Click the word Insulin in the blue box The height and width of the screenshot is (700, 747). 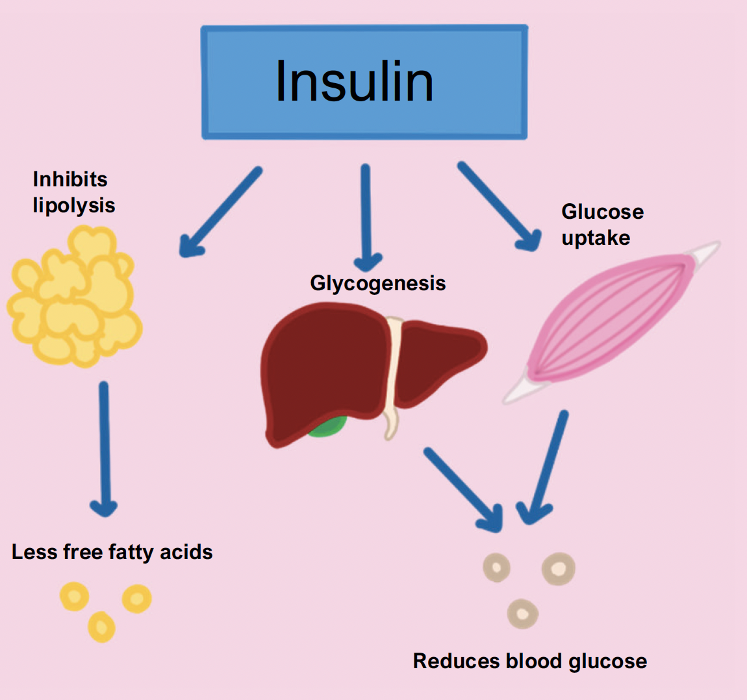pyautogui.click(x=354, y=82)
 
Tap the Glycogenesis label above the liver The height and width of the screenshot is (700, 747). pyautogui.click(x=377, y=283)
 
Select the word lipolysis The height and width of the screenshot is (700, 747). pyautogui.click(x=74, y=206)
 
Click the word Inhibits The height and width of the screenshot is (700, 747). pyautogui.click(x=70, y=179)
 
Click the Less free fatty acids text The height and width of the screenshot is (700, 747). pyautogui.click(x=112, y=552)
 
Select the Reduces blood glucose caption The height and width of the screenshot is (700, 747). pyautogui.click(x=530, y=661)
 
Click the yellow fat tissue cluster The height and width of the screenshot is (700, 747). pyautogui.click(x=75, y=295)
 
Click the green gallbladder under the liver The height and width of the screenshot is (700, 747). pyautogui.click(x=328, y=427)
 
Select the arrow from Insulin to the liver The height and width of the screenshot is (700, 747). pyautogui.click(x=366, y=218)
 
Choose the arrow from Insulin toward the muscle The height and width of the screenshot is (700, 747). pyautogui.click(x=499, y=205)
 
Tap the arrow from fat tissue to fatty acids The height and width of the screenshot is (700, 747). pyautogui.click(x=104, y=448)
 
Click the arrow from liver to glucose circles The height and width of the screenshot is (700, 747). pyautogui.click(x=462, y=488)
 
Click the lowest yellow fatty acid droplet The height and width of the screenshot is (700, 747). pyautogui.click(x=101, y=627)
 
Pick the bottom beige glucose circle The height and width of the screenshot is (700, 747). pyautogui.click(x=522, y=613)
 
